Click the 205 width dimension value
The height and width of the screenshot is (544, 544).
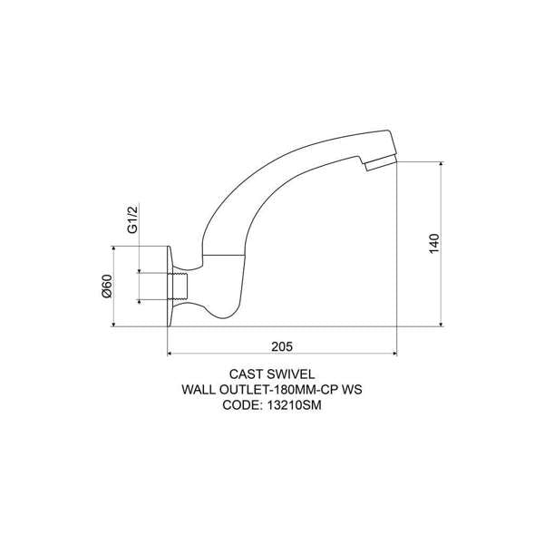[x=284, y=345]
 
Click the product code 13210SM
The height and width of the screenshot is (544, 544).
[x=296, y=406]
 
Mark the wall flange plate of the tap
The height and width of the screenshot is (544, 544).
[x=170, y=287]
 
